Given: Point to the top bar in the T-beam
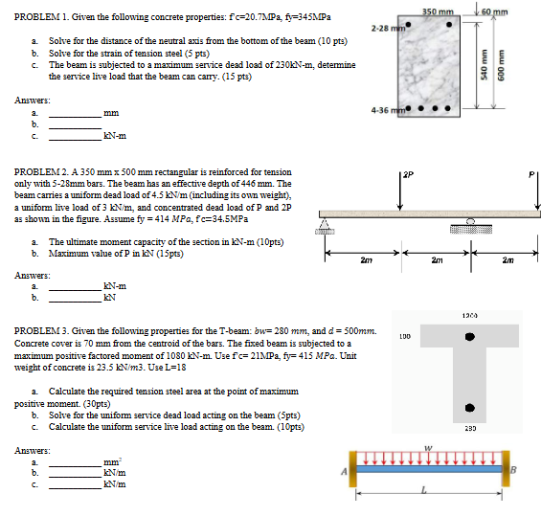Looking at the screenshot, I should coord(469,338).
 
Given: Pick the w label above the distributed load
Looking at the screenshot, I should coord(430,446).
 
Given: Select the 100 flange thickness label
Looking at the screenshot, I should coord(404,336).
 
